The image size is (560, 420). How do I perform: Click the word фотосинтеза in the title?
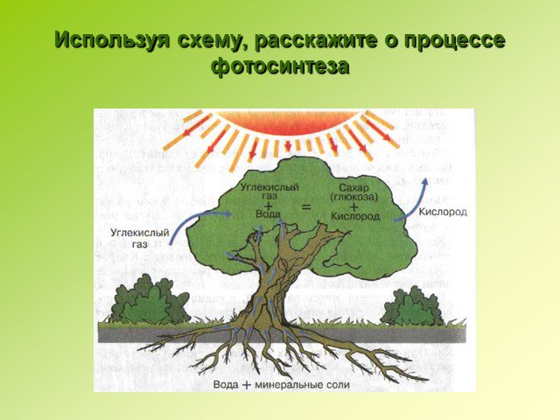tap(280, 66)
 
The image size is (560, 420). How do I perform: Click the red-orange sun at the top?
tap(288, 122)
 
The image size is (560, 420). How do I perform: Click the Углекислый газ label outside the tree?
tap(140, 239)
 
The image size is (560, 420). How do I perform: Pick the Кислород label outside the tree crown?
tap(443, 212)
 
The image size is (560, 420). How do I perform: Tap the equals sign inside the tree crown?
tap(306, 207)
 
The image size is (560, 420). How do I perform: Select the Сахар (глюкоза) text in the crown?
tap(353, 192)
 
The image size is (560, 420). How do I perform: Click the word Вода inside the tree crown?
tap(268, 213)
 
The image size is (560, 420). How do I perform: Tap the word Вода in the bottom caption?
tap(226, 385)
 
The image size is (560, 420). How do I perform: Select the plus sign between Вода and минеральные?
tap(247, 385)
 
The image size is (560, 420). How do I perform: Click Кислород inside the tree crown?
tap(354, 216)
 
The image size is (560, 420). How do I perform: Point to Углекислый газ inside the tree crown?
tap(269, 191)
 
